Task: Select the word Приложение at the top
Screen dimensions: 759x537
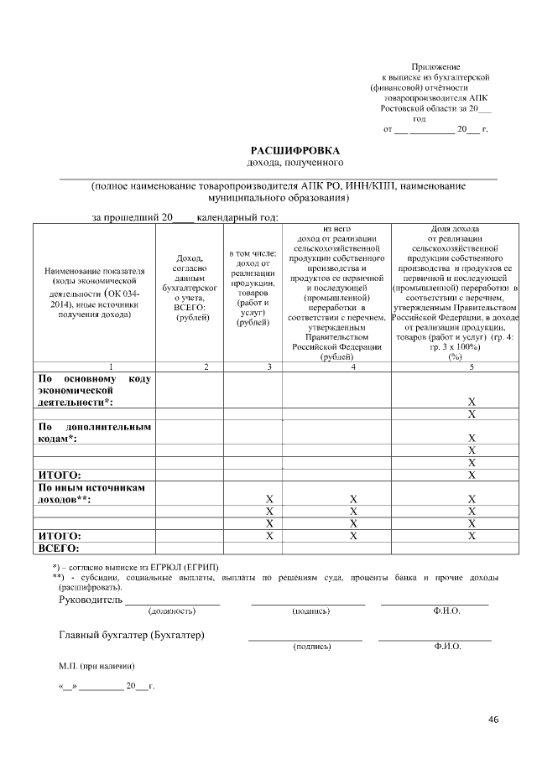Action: pyautogui.click(x=435, y=66)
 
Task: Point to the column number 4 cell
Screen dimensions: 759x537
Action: pyautogui.click(x=353, y=367)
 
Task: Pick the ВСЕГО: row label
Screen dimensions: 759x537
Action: pyautogui.click(x=59, y=548)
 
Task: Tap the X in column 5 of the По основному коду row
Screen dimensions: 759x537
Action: pyautogui.click(x=472, y=403)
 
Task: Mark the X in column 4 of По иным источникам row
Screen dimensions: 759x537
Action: pyautogui.click(x=353, y=500)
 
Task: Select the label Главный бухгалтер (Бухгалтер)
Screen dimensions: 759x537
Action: pyautogui.click(x=132, y=635)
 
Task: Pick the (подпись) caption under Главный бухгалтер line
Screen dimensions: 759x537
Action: pyautogui.click(x=311, y=647)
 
